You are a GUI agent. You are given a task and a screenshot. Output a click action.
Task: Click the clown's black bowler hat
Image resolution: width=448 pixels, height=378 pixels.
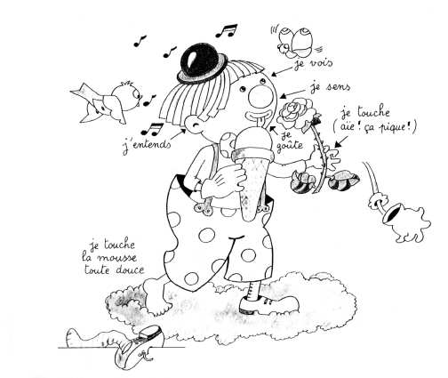coord(203,63)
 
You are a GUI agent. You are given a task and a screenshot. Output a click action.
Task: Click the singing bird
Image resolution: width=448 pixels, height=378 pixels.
coord(107,101)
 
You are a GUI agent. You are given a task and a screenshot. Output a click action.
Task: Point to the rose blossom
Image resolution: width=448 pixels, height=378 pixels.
coord(296,115)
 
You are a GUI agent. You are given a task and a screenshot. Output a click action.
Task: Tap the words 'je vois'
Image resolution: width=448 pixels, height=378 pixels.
coord(314,64)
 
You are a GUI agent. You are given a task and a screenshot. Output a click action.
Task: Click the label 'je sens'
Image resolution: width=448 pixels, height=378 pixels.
coord(331,87)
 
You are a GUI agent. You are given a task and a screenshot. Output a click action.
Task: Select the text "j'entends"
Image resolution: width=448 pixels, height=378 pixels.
coord(147,146)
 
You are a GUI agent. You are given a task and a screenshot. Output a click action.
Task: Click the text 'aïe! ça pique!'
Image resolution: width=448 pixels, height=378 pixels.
coord(375,127)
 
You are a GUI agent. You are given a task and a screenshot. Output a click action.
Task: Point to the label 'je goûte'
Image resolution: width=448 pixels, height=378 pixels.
coord(289,141)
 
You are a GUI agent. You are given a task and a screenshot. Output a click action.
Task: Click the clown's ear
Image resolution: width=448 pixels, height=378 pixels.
coord(194,125)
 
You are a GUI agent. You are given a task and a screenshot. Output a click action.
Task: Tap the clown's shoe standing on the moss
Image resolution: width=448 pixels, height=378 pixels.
coord(269,304)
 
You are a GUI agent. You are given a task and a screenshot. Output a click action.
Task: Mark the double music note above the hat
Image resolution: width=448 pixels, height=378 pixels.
coord(227,30)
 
